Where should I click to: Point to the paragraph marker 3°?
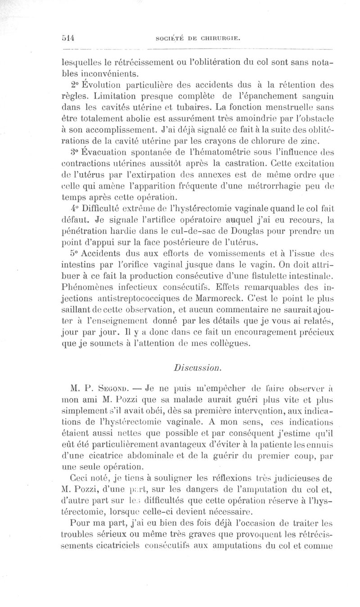76,152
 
